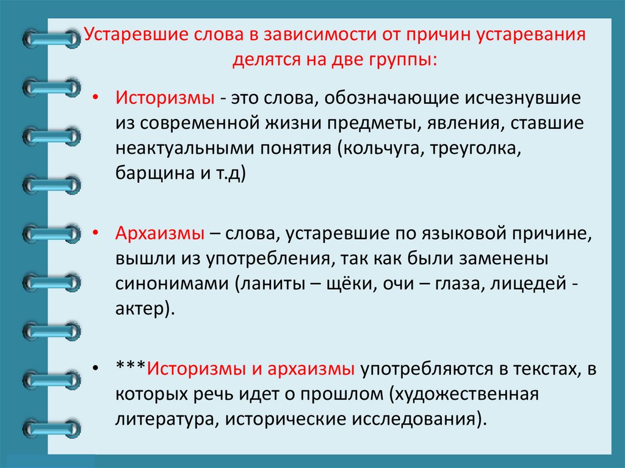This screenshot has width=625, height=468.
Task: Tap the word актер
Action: pyautogui.click(x=139, y=309)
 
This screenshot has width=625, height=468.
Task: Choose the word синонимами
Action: pyautogui.click(x=160, y=283)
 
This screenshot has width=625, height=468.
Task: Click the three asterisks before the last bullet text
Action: pyautogui.click(x=130, y=368)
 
